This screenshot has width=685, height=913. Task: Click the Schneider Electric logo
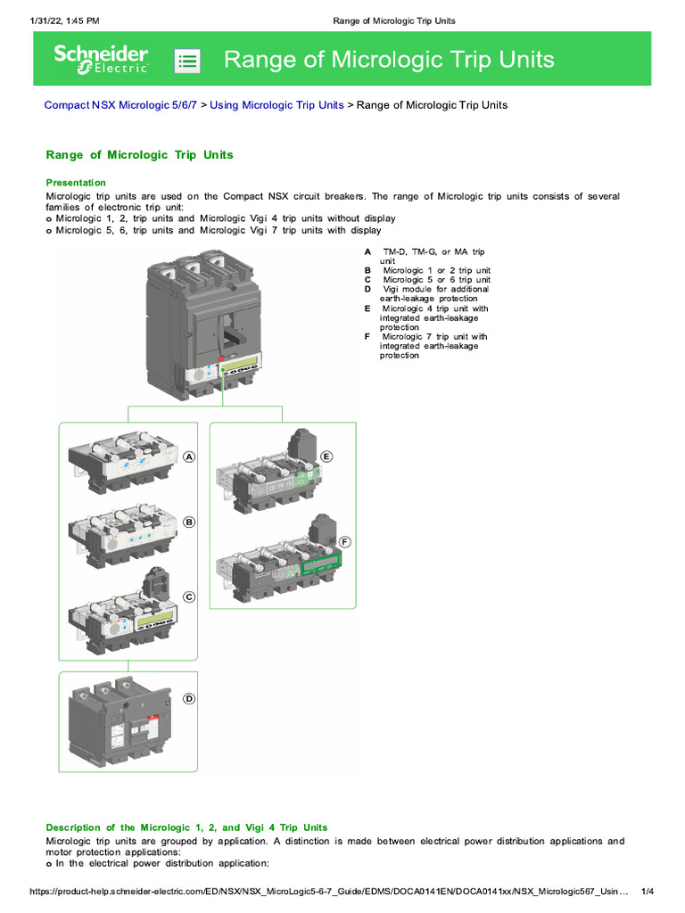tap(101, 59)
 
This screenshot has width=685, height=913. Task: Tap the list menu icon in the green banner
tap(187, 61)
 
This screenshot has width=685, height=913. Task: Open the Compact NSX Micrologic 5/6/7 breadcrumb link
tap(120, 105)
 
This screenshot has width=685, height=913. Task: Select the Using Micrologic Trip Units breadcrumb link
tap(276, 105)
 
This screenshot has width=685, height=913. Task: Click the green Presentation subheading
tap(76, 183)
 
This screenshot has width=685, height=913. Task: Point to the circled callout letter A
tap(189, 457)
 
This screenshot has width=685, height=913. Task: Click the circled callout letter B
tap(189, 522)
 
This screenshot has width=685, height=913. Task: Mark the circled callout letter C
tap(189, 596)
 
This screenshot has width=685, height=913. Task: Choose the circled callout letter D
tap(189, 699)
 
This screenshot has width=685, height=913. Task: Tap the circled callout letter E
tap(326, 456)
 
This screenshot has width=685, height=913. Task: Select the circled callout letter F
tap(345, 541)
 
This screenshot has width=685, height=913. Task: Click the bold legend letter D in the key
tap(367, 290)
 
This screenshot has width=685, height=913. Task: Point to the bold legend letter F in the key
tap(367, 337)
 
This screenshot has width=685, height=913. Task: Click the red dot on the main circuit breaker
tap(219, 358)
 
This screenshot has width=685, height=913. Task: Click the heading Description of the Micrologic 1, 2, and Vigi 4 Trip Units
tap(186, 827)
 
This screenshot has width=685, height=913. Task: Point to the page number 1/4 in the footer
tap(648, 892)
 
